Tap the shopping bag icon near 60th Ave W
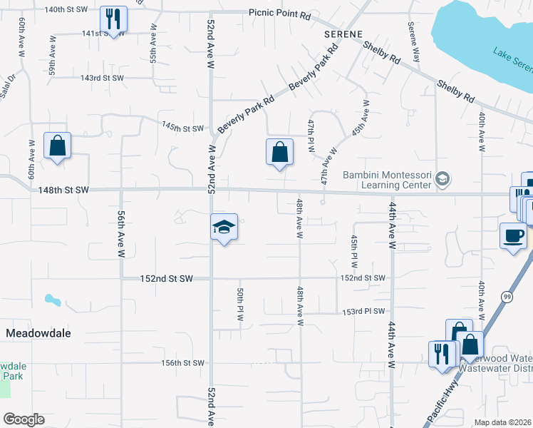[57, 146]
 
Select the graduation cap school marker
[224, 228]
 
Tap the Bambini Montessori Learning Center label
[388, 180]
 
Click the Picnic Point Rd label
[280, 14]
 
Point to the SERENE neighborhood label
[343, 34]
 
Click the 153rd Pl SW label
[363, 311]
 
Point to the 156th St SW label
[182, 362]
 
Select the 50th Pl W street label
[240, 305]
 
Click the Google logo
[24, 419]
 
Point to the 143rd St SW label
[102, 78]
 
